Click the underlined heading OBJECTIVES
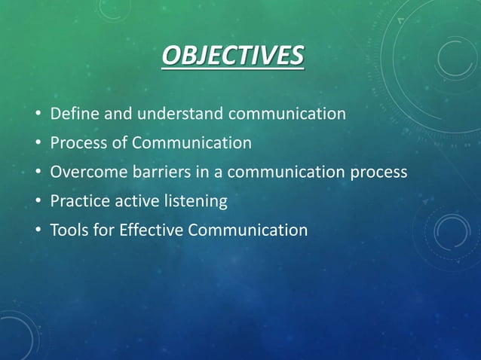click(x=232, y=56)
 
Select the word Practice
click(x=78, y=201)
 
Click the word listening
click(x=192, y=201)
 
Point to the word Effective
click(x=152, y=230)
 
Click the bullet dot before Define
click(x=37, y=115)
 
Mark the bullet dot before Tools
click(x=37, y=230)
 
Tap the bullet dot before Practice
click(x=37, y=202)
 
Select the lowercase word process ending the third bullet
click(x=378, y=172)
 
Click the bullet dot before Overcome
click(x=37, y=172)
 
